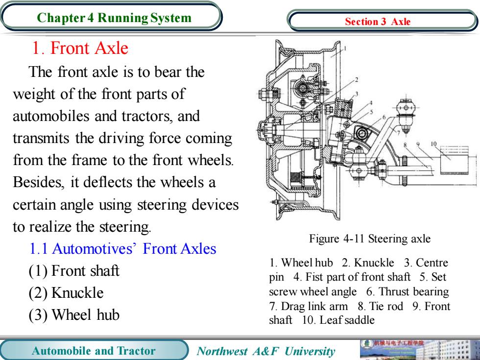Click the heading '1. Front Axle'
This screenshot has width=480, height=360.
point(80,48)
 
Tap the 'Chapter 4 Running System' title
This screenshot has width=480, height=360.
point(114,18)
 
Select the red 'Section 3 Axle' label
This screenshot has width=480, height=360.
point(378,22)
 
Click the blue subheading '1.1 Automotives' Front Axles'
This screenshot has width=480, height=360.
point(123,249)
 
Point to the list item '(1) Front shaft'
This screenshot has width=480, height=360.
point(74,271)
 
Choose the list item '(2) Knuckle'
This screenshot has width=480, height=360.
point(66,293)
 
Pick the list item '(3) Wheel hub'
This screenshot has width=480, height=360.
point(74,315)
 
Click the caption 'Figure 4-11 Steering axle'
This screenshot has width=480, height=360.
point(370,239)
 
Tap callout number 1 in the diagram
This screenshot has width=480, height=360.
point(345,48)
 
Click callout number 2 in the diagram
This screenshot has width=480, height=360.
point(357,80)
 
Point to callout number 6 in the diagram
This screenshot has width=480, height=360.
point(384,117)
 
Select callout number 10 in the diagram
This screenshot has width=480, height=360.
point(433,144)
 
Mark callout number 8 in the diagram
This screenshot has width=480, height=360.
point(405,145)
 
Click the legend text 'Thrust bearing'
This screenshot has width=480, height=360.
point(414,291)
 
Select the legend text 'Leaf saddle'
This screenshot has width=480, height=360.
point(347,320)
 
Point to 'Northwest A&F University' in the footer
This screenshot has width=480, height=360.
point(265,351)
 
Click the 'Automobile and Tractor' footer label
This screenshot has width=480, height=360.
point(94,351)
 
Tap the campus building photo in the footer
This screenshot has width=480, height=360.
point(419,350)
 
